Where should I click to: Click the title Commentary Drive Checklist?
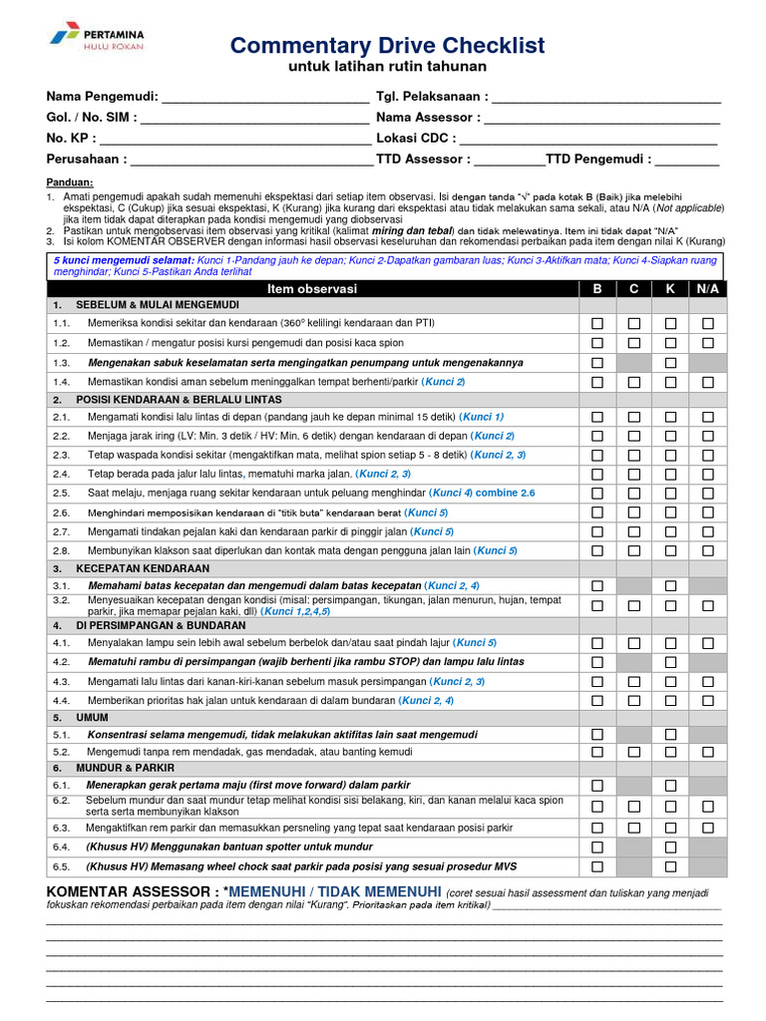(387, 46)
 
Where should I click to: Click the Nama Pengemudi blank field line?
(264, 98)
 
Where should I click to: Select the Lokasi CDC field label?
(416, 139)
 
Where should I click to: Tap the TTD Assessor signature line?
(509, 160)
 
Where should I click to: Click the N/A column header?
(707, 289)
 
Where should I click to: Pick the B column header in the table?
(597, 289)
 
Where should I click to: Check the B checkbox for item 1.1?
(597, 324)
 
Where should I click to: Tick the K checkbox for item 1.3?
(670, 363)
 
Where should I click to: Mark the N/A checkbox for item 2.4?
(707, 474)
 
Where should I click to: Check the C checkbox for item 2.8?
(633, 550)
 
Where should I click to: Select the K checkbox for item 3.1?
(670, 586)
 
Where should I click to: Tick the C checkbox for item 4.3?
(633, 681)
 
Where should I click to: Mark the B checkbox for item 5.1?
(597, 735)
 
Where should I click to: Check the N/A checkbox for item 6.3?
(707, 828)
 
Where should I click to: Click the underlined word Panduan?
(70, 181)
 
